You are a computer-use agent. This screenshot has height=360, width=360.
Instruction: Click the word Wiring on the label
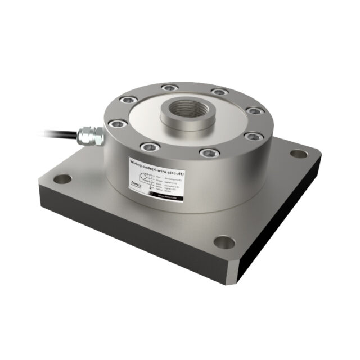[139, 162]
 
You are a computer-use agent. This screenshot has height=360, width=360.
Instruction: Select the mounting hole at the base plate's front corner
[224, 242]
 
